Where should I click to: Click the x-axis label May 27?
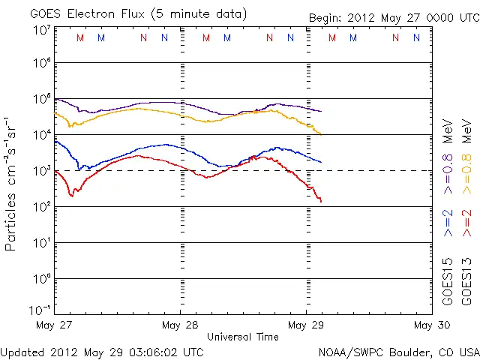[x=54, y=325]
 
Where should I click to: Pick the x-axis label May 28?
[x=180, y=325]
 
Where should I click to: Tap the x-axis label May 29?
[x=306, y=325]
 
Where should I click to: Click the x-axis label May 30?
[x=432, y=325]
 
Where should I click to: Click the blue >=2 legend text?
[x=448, y=224]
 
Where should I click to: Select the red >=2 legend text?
[x=468, y=224]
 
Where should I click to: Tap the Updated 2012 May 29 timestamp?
[x=101, y=351]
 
